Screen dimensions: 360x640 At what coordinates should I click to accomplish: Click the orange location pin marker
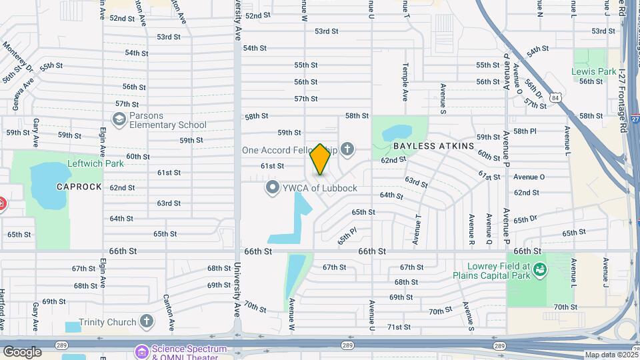click(320, 159)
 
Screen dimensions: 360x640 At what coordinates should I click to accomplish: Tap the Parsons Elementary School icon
click(119, 119)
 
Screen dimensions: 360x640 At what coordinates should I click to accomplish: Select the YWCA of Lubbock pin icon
click(272, 187)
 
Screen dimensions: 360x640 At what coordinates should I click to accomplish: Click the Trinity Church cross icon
click(147, 322)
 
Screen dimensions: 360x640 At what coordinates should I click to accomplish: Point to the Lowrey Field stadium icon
click(539, 269)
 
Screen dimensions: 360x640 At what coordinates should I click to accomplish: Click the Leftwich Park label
click(96, 163)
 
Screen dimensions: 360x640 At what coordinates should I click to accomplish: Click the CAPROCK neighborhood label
click(79, 187)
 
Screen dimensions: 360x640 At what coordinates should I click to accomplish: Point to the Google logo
click(22, 351)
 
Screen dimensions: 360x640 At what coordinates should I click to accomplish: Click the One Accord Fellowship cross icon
click(347, 149)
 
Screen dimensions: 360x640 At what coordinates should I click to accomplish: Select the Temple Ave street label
click(405, 82)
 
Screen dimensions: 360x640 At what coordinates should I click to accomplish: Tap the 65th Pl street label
click(347, 235)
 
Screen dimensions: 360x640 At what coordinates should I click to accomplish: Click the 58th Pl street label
click(525, 131)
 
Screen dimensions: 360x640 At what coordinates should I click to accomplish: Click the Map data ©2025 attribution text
click(611, 355)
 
